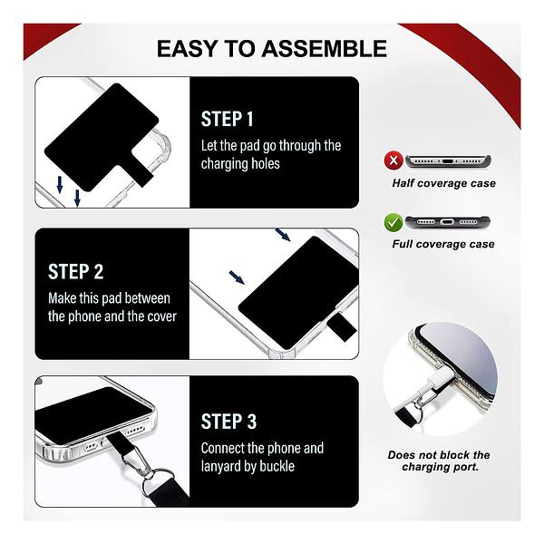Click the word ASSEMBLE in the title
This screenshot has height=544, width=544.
(x=324, y=49)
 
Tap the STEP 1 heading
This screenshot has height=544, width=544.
(x=228, y=119)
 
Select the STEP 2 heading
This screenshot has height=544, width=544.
(x=75, y=271)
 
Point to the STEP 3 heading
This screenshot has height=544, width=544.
(x=228, y=422)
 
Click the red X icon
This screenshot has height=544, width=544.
(x=393, y=160)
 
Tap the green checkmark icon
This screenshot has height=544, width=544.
(x=393, y=222)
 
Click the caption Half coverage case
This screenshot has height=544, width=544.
(x=443, y=183)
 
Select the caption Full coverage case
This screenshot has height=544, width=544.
(x=443, y=244)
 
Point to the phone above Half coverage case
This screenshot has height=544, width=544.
(x=448, y=161)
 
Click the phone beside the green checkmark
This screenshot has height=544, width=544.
(x=448, y=222)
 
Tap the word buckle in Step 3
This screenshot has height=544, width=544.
(x=277, y=466)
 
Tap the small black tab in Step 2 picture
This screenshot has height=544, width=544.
(x=342, y=327)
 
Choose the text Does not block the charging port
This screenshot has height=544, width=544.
(x=439, y=461)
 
